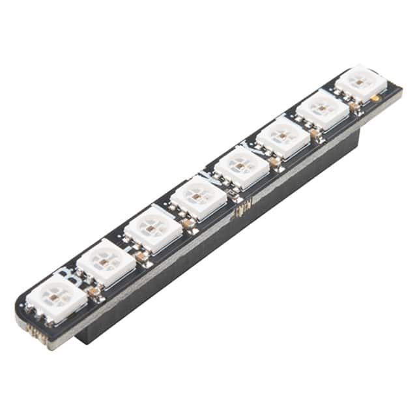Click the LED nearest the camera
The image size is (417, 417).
point(57,297)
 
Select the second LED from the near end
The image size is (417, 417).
point(106,261)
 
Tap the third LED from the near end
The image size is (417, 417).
point(152,228)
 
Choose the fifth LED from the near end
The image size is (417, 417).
point(241,166)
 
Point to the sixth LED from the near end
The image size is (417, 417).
point(283,137)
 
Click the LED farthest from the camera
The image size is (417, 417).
point(362,82)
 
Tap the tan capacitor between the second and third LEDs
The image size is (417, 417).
point(141,257)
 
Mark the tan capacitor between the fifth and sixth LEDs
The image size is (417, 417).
point(275,162)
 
